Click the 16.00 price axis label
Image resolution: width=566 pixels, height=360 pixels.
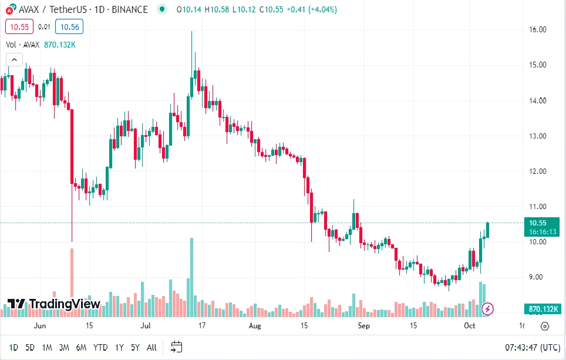538,29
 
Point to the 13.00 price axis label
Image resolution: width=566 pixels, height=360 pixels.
538,136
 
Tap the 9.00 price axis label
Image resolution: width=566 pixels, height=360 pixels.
538,277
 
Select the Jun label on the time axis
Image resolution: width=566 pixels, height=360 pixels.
40,325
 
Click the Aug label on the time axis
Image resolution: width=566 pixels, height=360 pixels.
254,325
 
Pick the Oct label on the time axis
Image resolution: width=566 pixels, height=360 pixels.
470,325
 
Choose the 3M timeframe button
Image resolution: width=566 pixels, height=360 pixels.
64,347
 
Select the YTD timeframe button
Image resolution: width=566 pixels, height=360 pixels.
100,347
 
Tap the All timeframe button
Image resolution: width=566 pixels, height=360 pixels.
151,347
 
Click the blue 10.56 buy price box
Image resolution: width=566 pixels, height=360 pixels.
69,26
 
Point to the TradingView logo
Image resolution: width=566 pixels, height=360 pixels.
54,304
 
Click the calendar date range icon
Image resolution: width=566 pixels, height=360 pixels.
177,346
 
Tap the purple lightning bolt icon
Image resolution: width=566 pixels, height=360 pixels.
487,308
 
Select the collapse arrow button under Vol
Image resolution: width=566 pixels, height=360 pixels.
14,59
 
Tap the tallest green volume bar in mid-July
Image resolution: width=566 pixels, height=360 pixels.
191,276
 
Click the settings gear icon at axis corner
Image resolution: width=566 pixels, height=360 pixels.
544,326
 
